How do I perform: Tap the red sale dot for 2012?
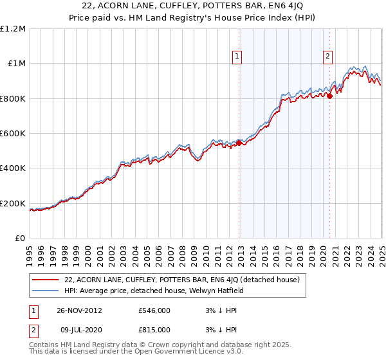[239, 143]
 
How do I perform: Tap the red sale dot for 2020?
[329, 96]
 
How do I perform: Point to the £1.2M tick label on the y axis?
[13, 29]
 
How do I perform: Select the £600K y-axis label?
[13, 134]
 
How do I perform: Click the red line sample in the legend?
[46, 280]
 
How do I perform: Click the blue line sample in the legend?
[46, 291]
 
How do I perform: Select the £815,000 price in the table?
[154, 329]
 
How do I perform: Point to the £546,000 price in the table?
[154, 310]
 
